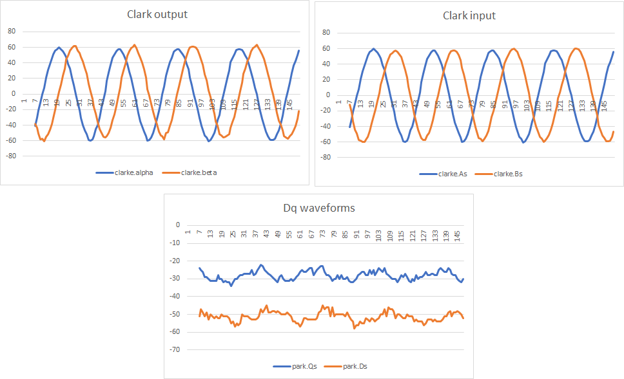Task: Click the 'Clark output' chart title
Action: [x=157, y=14]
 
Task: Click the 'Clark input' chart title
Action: [x=469, y=15]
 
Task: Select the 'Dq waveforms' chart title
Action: [x=318, y=208]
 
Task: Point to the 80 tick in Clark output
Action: [x=11, y=32]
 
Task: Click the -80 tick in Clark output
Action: [x=10, y=156]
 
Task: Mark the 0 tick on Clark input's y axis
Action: [x=327, y=95]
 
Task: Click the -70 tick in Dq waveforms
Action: [x=173, y=350]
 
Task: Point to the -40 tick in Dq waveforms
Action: [x=173, y=297]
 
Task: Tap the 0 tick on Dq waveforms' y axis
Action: [x=177, y=225]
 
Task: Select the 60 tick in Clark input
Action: [x=326, y=48]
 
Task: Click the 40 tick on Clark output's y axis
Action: [x=11, y=62]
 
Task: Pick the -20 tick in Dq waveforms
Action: [x=173, y=261]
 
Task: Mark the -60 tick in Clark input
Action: [x=324, y=142]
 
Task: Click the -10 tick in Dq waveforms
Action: [x=173, y=243]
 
